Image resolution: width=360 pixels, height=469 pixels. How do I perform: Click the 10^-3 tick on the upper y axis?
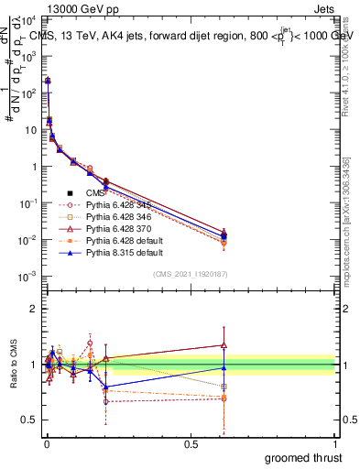point(28,276)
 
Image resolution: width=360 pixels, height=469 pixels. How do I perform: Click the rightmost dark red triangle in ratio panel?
point(224,345)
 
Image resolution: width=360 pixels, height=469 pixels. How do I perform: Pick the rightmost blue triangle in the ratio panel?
point(224,367)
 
